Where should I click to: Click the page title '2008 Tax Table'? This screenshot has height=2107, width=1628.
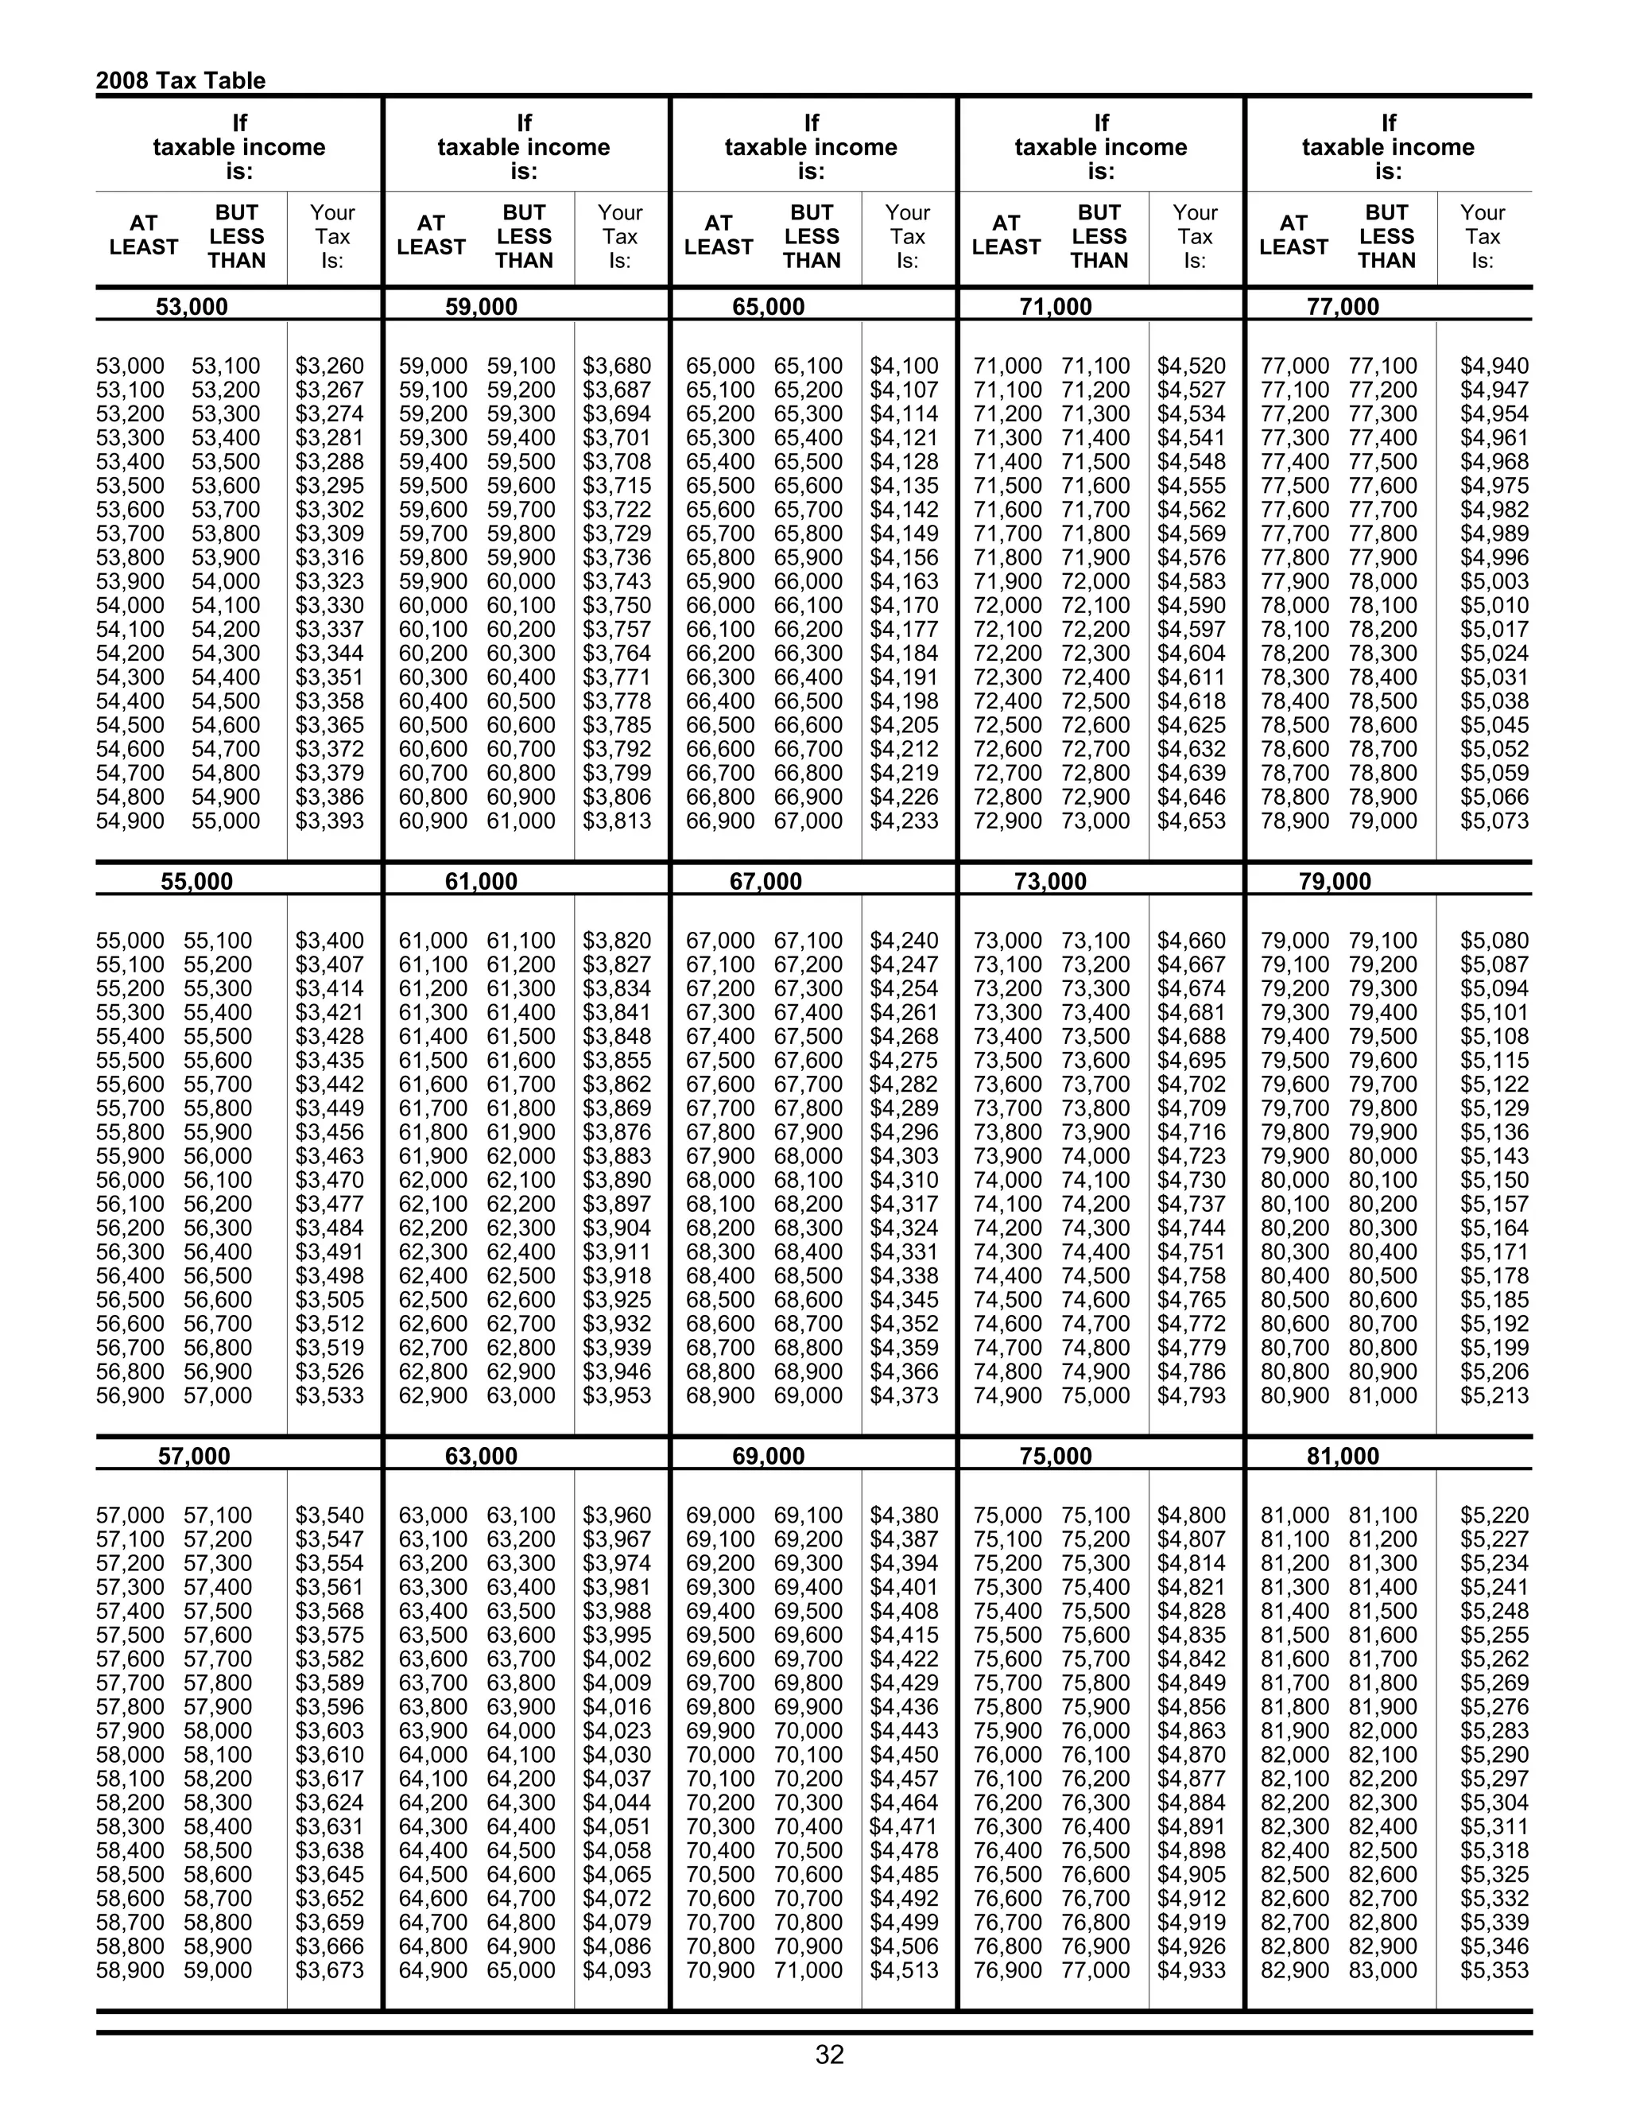180,80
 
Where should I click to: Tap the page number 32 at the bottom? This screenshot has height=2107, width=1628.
829,2054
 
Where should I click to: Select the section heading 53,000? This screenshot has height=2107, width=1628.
192,307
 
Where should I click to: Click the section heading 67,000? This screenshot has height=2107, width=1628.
766,881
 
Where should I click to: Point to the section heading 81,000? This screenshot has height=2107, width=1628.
1343,1456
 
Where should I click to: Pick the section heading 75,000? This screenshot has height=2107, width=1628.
1055,1456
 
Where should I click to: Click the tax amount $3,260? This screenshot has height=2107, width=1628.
330,367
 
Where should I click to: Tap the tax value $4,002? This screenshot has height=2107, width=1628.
616,1659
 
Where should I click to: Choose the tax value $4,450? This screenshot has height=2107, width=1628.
904,1755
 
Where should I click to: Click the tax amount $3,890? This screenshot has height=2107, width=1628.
616,1180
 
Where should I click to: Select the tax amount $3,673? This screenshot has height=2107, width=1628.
330,1970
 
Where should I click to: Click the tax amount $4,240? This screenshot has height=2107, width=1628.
904,941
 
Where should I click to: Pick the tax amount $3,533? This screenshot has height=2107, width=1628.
330,1396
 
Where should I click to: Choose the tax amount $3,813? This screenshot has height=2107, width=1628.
616,821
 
